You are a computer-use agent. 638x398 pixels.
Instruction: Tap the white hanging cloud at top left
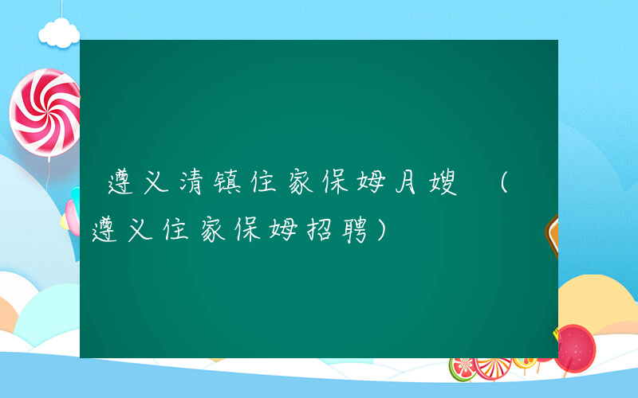pyautogui.click(x=61, y=33)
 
